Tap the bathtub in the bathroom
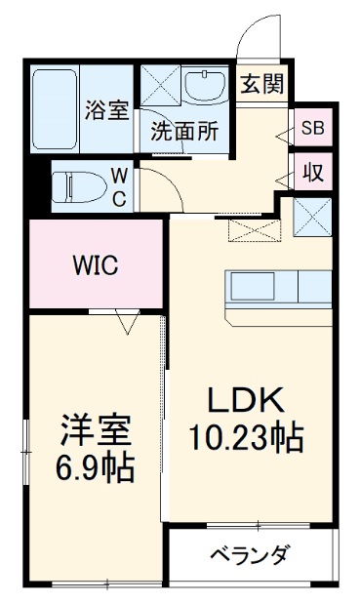click(x=57, y=107)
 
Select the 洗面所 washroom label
click(x=182, y=134)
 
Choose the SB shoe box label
click(x=313, y=127)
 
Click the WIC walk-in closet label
click(x=96, y=264)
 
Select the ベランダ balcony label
click(x=249, y=556)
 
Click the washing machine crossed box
click(x=161, y=86)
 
